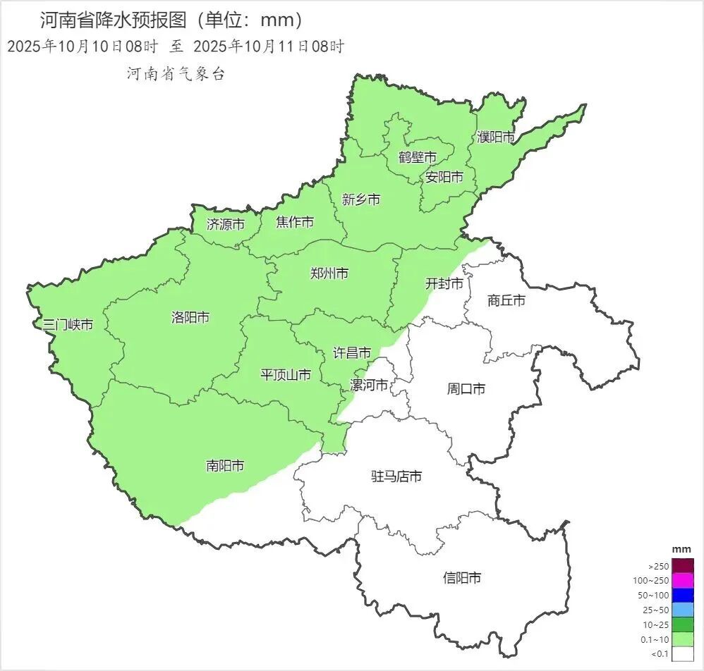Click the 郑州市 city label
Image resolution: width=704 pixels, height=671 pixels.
(x=329, y=273)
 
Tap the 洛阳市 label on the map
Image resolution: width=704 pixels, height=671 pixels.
(x=190, y=317)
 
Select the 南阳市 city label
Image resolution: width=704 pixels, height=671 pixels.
(x=225, y=466)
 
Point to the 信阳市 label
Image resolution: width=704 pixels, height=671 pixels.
(x=462, y=578)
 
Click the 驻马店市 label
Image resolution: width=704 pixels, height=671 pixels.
(x=396, y=476)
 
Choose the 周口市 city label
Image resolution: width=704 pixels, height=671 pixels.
(x=466, y=388)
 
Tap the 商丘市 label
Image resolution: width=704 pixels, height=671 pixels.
(x=506, y=300)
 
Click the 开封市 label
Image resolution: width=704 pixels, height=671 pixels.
(x=444, y=283)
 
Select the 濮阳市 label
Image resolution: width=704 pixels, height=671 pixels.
(x=496, y=137)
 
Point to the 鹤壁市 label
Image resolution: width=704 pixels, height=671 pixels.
(x=417, y=156)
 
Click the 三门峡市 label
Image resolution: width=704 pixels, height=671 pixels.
(x=68, y=325)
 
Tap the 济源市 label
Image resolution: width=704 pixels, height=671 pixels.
(x=226, y=224)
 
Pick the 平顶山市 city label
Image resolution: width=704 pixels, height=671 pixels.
(x=286, y=374)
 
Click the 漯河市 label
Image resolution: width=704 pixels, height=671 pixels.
(x=369, y=386)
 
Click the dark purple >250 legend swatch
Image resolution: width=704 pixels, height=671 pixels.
(x=683, y=565)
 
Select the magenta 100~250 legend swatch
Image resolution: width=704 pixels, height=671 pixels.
(x=683, y=580)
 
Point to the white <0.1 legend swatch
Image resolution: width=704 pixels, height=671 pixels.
(x=683, y=653)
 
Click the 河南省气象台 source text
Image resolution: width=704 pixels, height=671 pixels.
(x=176, y=73)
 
